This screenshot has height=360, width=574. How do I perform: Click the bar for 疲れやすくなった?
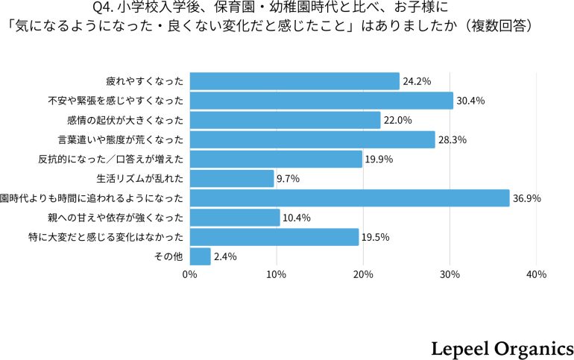(294, 81)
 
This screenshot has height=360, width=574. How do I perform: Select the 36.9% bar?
(349, 198)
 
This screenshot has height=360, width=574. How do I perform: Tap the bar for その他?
(200, 256)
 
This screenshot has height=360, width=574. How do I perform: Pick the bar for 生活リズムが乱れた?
(232, 178)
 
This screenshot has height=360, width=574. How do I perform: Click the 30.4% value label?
(470, 101)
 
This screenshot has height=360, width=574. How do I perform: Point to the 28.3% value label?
(452, 139)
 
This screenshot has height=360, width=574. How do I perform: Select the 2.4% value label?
(225, 256)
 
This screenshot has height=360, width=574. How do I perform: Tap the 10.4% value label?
(297, 218)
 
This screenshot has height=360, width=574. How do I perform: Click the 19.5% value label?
(376, 237)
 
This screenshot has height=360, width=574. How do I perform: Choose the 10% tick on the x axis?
(277, 274)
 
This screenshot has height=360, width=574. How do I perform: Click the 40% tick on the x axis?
(536, 274)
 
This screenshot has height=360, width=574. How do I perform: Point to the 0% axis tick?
(190, 274)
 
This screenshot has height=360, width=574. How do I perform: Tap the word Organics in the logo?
(534, 347)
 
